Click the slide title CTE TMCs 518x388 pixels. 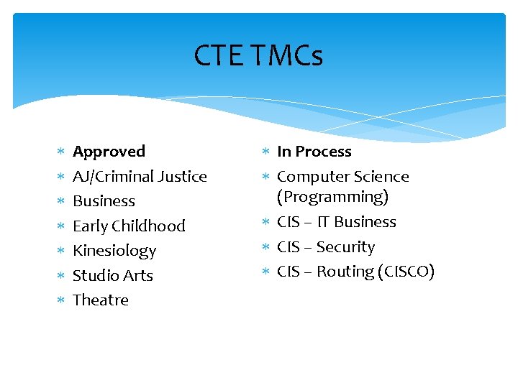pos(258,55)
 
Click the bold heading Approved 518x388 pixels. pos(109,152)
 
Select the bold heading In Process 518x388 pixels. pos(314,152)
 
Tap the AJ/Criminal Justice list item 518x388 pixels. pos(140,177)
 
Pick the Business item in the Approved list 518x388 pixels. pos(104,201)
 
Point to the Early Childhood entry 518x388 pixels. pos(129,226)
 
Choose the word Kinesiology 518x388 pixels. pos(114,251)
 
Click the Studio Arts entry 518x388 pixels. pos(113,276)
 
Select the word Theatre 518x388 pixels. pos(101,300)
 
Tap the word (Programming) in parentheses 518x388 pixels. pos(332,197)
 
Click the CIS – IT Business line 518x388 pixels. pos(336,222)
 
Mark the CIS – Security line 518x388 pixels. pos(325,247)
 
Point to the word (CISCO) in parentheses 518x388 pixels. pos(406,272)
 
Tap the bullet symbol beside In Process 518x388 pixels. pos(265,152)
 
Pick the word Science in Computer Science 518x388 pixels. pos(383,177)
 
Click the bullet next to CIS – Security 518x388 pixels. pos(265,247)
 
